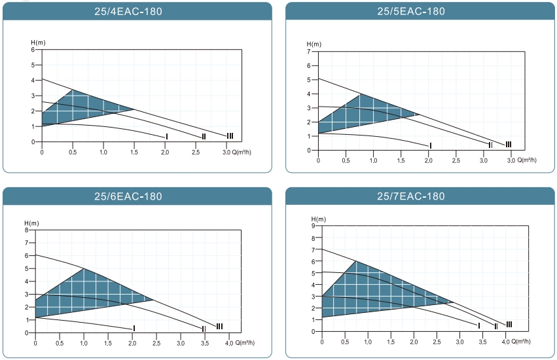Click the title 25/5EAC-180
[x=411, y=11]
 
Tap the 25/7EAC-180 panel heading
[x=411, y=196]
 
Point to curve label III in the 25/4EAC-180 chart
[x=230, y=135]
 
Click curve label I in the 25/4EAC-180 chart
[x=168, y=136]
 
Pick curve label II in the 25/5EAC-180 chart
[x=490, y=145]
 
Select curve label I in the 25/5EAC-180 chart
[x=430, y=145]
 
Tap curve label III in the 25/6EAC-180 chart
[x=219, y=326]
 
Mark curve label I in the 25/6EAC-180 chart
[x=134, y=328]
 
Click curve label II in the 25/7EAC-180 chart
[x=496, y=326]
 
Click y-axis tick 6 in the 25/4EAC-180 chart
[x=33, y=50]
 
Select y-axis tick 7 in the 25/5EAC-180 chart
[x=309, y=51]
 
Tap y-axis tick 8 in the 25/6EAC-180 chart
[x=27, y=230]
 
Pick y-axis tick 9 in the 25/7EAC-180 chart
[x=314, y=226]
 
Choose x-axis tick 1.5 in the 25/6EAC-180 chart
[x=108, y=343]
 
